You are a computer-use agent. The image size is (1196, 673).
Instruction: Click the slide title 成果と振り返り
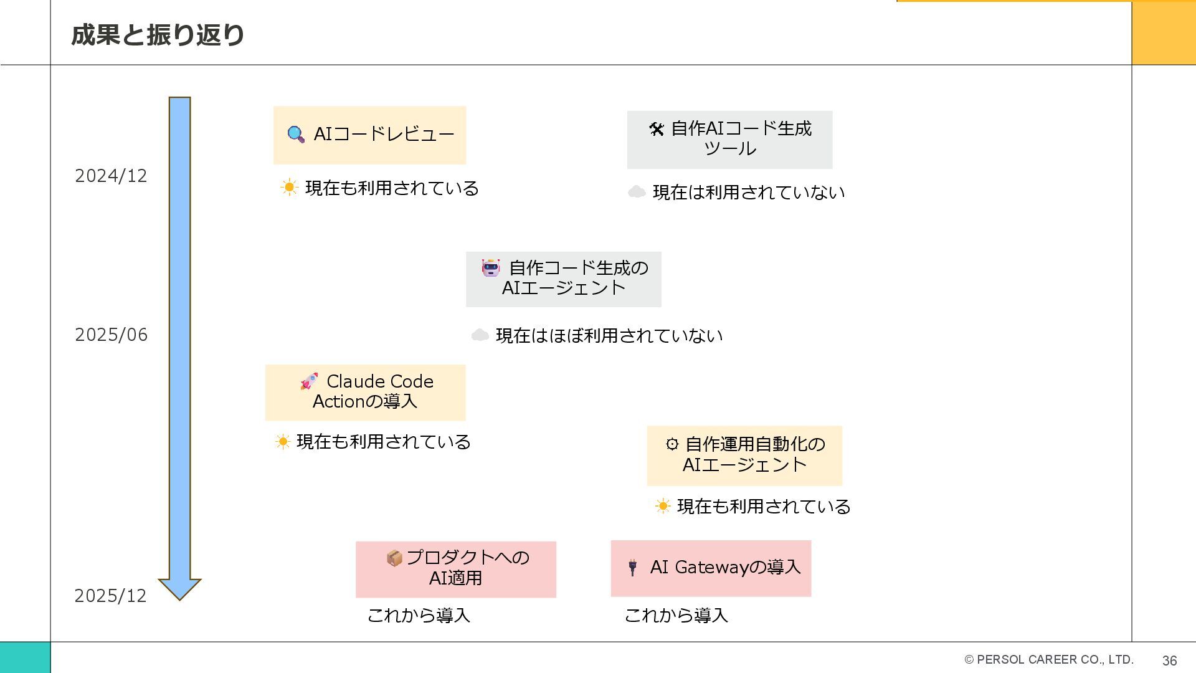[x=158, y=35]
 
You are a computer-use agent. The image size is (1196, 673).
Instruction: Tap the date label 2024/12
[x=111, y=176]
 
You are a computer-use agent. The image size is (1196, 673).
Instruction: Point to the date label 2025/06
[x=111, y=335]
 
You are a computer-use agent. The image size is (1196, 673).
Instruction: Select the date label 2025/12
[x=110, y=596]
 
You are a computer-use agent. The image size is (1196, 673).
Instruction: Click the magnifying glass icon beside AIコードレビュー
[x=296, y=135]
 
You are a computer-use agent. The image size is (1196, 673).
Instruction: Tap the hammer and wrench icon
[x=657, y=129]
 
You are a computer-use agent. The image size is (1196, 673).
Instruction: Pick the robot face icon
[x=491, y=268]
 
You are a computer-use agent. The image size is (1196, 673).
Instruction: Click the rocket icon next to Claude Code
[x=309, y=381]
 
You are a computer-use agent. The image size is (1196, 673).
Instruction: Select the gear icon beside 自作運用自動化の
[x=672, y=444]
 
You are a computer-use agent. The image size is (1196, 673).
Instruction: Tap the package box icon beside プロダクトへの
[x=394, y=558]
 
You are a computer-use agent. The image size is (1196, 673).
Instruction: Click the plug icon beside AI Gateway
[x=632, y=567]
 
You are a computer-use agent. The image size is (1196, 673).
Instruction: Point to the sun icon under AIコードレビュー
[x=289, y=188]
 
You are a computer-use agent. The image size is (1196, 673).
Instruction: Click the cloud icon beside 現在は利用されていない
[x=636, y=192]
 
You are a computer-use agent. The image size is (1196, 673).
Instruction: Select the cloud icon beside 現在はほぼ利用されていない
[x=480, y=335]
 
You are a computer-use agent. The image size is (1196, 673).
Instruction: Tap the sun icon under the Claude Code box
[x=283, y=442]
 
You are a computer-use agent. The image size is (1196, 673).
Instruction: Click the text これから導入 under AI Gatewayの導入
[x=676, y=616]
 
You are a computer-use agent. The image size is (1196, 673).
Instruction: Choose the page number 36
[x=1169, y=661]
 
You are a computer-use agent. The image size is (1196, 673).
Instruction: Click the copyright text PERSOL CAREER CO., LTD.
[x=1049, y=659]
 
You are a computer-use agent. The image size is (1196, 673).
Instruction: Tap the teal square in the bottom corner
[x=25, y=657]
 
